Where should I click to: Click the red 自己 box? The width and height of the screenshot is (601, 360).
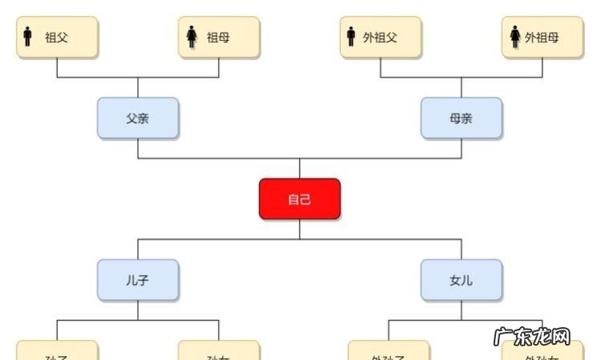click(300, 199)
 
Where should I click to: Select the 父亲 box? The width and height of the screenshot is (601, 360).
click(138, 118)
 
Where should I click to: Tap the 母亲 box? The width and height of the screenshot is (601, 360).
click(462, 118)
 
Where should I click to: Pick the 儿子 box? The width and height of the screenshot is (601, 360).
click(138, 280)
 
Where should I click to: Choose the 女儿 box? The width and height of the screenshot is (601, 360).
click(462, 280)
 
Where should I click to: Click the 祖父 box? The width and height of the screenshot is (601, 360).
click(57, 37)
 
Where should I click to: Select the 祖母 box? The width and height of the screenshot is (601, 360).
click(219, 37)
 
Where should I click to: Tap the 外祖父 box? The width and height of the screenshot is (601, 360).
click(381, 37)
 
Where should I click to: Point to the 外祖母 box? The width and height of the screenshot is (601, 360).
click(543, 37)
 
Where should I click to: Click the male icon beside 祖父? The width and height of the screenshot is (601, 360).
click(28, 37)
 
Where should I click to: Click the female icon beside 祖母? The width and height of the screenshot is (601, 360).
click(192, 37)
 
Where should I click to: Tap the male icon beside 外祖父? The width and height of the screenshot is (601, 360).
click(351, 37)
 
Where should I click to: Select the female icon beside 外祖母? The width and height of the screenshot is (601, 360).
click(514, 37)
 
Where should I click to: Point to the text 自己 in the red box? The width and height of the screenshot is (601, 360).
click(300, 200)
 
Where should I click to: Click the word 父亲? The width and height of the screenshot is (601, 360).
click(138, 119)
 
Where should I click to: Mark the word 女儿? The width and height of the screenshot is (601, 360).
click(462, 281)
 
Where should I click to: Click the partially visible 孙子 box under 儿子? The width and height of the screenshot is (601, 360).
click(57, 351)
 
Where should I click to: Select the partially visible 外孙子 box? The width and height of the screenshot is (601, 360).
click(389, 351)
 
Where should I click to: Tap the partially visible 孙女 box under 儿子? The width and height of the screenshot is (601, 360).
click(219, 351)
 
